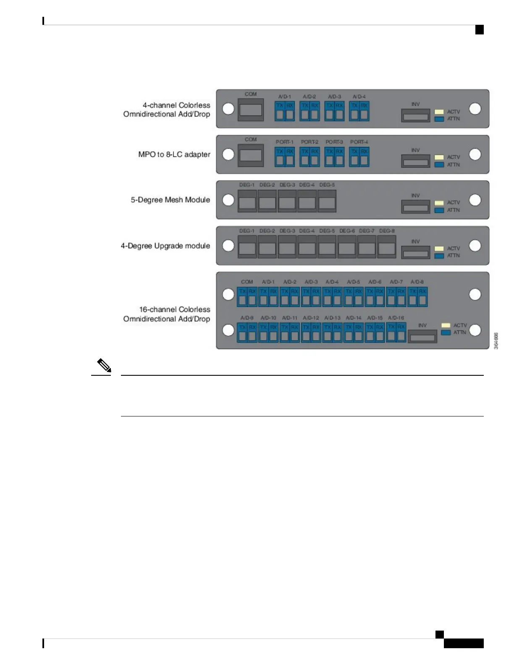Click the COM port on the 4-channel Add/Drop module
(x=251, y=110)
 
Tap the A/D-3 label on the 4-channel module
(x=334, y=97)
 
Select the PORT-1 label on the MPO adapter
(x=284, y=142)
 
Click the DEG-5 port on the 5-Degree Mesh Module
(x=327, y=202)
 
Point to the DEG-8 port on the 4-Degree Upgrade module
(x=386, y=248)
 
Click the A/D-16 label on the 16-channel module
(x=396, y=318)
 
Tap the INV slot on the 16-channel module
(x=422, y=337)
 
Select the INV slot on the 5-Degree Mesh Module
(x=415, y=207)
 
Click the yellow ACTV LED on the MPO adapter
(x=439, y=157)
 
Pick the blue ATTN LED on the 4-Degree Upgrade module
(x=439, y=256)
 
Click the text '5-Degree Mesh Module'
(x=170, y=200)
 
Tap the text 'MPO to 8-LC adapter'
(x=174, y=154)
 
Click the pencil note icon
(x=104, y=366)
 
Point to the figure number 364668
(x=496, y=341)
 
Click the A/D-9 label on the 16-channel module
(x=247, y=318)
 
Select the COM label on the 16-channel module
(x=247, y=282)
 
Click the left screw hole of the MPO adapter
(x=228, y=154)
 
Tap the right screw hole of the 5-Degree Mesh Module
(x=475, y=200)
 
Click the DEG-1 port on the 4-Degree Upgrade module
(x=247, y=248)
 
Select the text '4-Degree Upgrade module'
(x=165, y=246)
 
